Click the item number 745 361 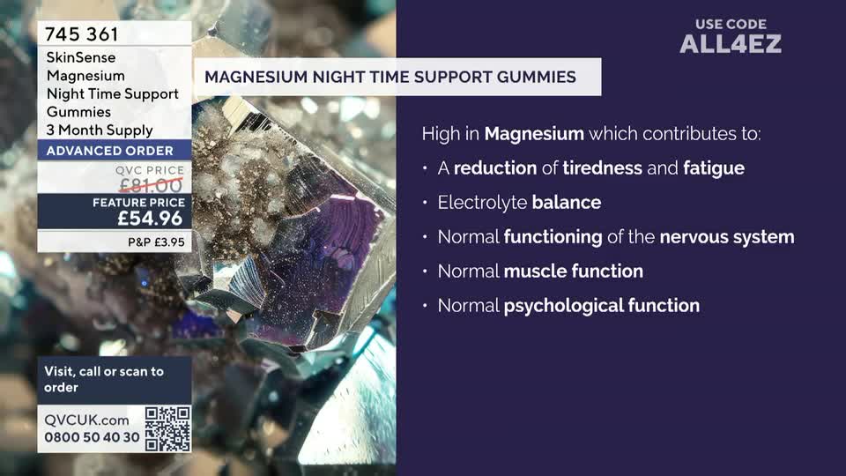(81, 35)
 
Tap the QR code (167, 428)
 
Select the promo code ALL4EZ (730, 43)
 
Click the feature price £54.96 (150, 219)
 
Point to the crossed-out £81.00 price (150, 183)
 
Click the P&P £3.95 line (156, 241)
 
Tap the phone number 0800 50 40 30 (92, 437)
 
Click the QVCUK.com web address (86, 420)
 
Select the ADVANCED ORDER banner (109, 151)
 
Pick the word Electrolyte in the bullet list (482, 203)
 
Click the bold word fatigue (713, 167)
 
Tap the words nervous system (726, 237)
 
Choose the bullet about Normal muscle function (540, 271)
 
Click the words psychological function (601, 306)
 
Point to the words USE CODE (731, 24)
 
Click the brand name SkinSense (81, 57)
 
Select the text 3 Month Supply (100, 130)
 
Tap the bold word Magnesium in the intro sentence (534, 134)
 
